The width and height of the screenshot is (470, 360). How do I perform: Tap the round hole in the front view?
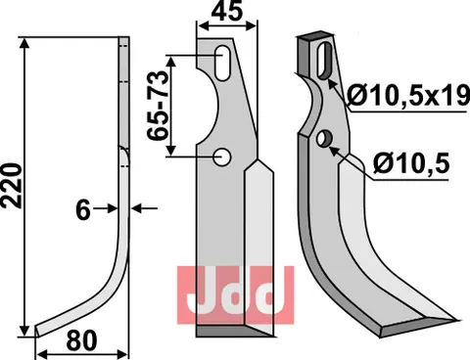224,155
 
